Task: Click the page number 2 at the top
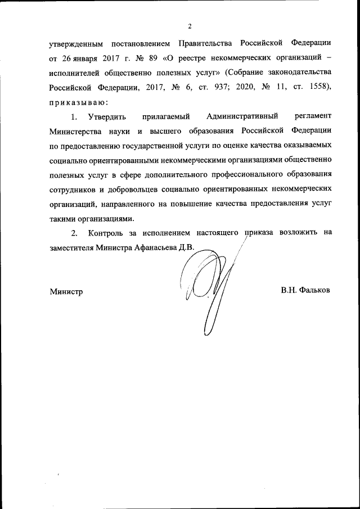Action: tap(190, 26)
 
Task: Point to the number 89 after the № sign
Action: tap(155, 58)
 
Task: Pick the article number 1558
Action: tap(316, 87)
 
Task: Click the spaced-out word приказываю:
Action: tap(75, 102)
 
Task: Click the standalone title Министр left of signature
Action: tap(66, 291)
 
